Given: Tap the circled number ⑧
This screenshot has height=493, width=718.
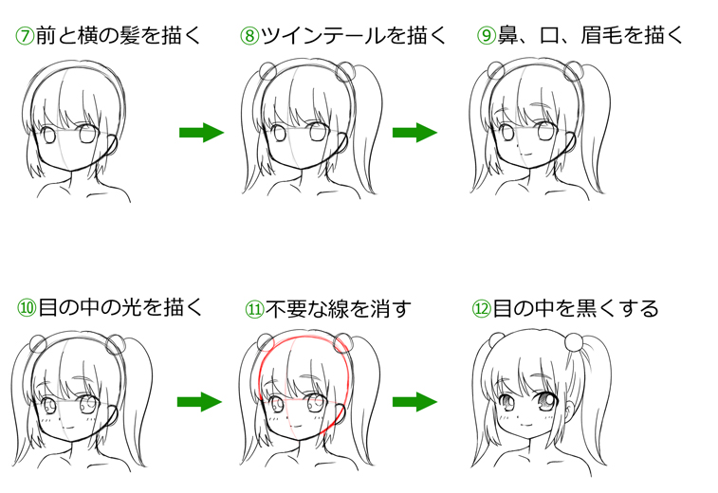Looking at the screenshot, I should point(249,37).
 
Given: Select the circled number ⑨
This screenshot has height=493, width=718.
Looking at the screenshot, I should point(487,37).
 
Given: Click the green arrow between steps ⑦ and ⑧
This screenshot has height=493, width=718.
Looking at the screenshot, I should point(200,132).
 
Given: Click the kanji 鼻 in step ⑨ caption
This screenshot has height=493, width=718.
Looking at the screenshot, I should point(509,37).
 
